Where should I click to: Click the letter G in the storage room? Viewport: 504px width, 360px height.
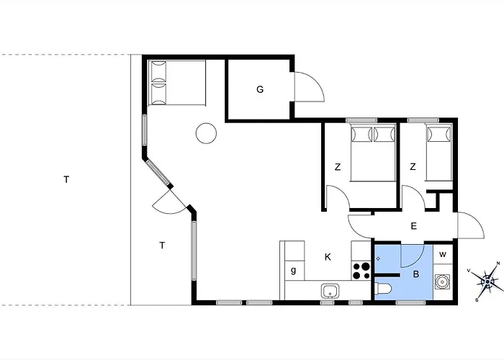260,89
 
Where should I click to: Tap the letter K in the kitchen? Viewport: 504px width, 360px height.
328,257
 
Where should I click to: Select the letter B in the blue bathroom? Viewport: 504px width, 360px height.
416,274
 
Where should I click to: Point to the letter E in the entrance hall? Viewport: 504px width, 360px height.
414,226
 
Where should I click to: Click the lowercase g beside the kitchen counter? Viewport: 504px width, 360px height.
293,270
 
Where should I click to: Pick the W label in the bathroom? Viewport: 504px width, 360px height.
443,255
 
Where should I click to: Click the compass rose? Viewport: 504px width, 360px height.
487,282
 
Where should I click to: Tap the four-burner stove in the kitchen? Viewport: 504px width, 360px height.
361,271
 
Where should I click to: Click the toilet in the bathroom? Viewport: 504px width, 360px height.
383,288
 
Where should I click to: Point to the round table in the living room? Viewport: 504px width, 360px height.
206,133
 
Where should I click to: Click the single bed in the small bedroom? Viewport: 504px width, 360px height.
438,153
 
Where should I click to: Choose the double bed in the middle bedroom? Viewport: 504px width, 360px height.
373,153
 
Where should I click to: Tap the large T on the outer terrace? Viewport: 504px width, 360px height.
66,179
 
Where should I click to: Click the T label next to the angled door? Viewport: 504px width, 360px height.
162,246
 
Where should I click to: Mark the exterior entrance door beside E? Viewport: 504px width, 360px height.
471,225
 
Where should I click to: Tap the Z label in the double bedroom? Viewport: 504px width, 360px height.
338,167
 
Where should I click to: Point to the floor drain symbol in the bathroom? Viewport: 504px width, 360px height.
378,258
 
